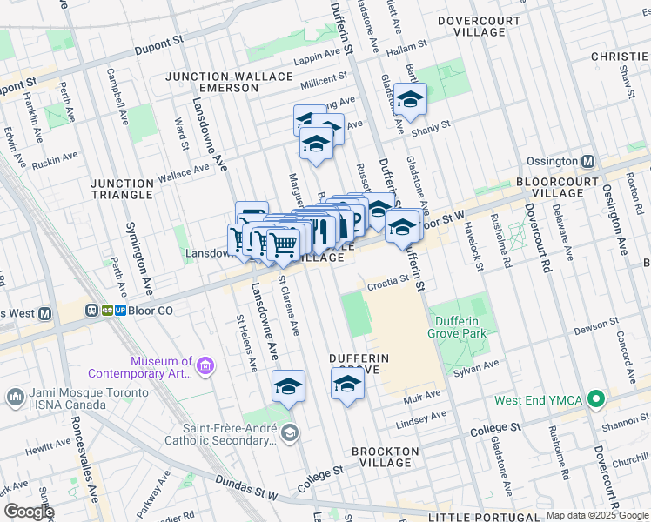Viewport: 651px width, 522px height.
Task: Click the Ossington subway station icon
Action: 587,161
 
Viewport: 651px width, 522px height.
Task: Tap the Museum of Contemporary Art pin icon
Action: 205,367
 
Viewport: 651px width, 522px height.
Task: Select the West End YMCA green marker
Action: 596,400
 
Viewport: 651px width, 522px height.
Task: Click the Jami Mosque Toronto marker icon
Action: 14,397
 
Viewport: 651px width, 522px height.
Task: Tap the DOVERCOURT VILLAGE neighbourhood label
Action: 471,26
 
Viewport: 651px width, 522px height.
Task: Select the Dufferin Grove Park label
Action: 458,327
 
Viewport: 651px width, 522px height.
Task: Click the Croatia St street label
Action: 386,281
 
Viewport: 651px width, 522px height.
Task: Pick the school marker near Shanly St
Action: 409,102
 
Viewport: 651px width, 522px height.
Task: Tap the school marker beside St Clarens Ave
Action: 288,387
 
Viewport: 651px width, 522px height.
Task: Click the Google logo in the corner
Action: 29,511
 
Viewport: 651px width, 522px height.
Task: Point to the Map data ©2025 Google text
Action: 597,515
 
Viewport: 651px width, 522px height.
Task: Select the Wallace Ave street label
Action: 184,173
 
